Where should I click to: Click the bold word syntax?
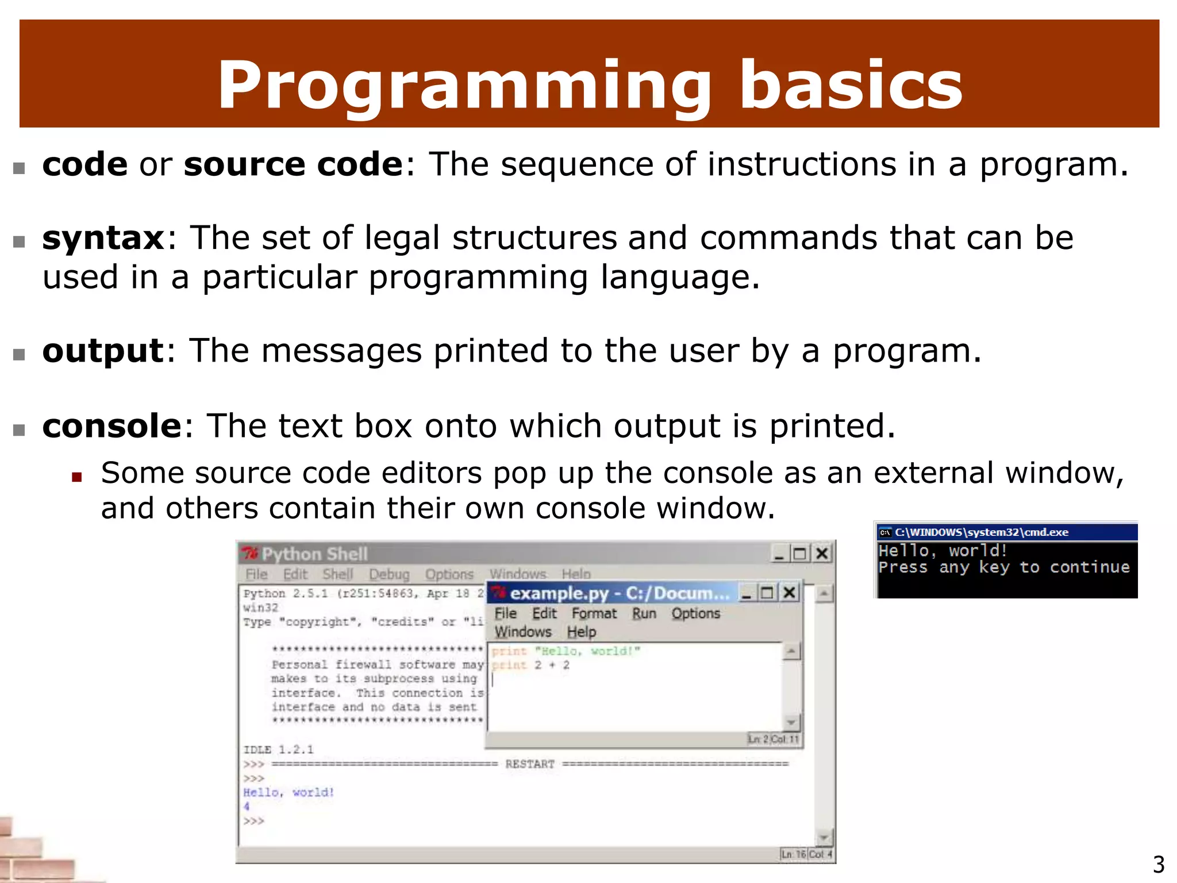103,238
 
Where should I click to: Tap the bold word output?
103,351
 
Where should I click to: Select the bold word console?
112,426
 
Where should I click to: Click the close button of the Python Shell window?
822,554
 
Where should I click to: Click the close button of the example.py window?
790,592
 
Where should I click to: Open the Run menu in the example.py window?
644,613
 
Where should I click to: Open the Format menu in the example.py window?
594,613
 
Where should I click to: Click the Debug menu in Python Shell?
389,574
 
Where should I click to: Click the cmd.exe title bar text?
981,532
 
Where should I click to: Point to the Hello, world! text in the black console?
943,551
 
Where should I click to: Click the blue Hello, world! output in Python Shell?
288,792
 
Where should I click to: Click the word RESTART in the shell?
530,764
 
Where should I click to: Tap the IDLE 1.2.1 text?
278,750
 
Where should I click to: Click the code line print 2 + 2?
530,665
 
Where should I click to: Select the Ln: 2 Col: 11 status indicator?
773,739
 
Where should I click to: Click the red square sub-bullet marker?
77,477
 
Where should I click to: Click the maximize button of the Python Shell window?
799,554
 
